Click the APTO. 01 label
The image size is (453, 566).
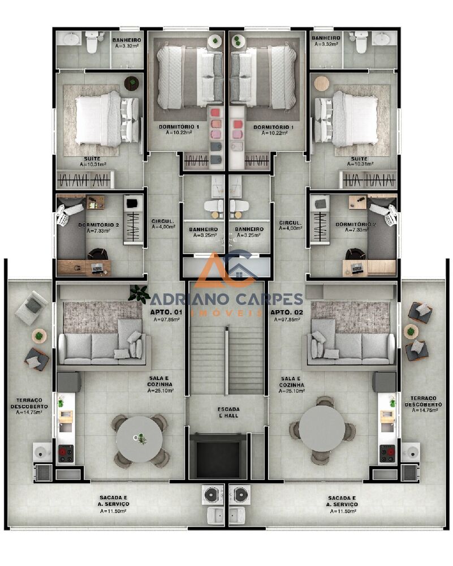tap(166, 312)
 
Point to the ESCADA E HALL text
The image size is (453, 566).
tap(228, 412)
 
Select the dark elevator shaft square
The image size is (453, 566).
tap(218, 456)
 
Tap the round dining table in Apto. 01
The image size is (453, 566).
tap(139, 439)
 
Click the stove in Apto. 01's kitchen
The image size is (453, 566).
tap(66, 453)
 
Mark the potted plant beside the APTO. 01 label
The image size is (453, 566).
tap(139, 293)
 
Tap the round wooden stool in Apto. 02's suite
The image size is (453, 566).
tap(322, 83)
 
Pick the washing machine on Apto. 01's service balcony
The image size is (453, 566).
tap(212, 494)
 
